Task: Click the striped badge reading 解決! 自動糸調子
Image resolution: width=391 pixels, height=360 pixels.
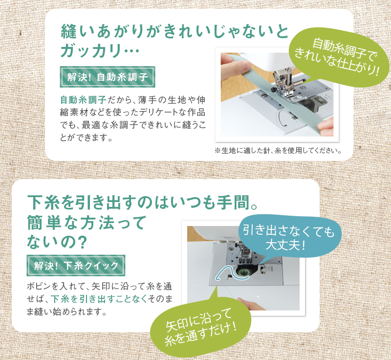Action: click(x=108, y=77)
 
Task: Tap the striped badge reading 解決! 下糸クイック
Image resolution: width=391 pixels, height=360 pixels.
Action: click(x=76, y=266)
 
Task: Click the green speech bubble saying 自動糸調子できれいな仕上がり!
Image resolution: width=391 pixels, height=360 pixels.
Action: click(x=339, y=57)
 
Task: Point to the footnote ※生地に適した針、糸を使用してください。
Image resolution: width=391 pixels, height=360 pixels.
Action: click(x=278, y=151)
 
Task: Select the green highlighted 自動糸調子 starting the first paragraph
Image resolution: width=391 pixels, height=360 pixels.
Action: click(x=83, y=100)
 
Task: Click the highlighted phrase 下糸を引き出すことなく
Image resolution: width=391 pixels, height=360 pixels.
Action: click(x=99, y=299)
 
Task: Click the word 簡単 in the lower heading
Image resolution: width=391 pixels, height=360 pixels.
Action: click(x=44, y=223)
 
